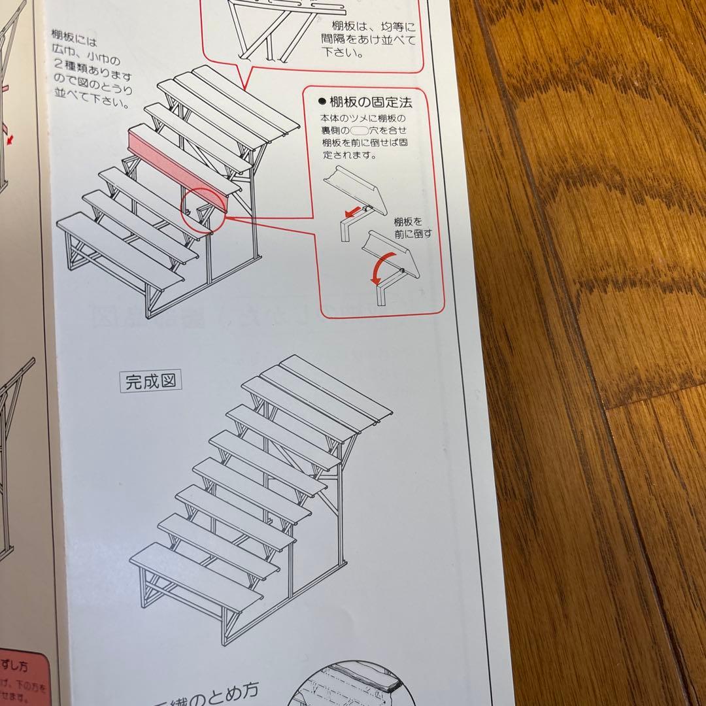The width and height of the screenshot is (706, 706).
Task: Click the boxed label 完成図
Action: (150, 381)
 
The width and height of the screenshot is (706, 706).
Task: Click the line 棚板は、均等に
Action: (374, 27)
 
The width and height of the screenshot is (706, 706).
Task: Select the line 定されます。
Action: (346, 156)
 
